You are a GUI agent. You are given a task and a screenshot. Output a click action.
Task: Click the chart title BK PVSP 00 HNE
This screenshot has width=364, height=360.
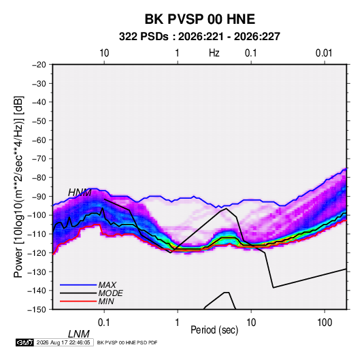pyautogui.click(x=200, y=19)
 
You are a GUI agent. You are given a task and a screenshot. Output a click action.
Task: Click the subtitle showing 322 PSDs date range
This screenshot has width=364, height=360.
pyautogui.click(x=199, y=37)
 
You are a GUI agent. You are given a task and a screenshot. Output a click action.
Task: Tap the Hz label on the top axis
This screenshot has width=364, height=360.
pyautogui.click(x=214, y=53)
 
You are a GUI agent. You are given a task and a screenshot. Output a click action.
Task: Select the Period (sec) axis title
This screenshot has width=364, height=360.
pyautogui.click(x=214, y=330)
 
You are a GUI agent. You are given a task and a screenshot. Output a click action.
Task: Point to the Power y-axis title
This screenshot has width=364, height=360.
pyautogui.click(x=18, y=186)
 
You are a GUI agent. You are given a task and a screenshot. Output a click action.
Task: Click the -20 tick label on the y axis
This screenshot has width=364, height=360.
pyautogui.click(x=39, y=65)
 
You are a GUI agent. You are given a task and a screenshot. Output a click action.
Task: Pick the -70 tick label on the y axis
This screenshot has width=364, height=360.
pyautogui.click(x=39, y=159)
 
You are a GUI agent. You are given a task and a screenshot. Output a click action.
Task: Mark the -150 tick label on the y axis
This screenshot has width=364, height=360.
pyautogui.click(x=37, y=310)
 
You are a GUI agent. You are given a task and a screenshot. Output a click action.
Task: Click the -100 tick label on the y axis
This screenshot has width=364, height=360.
pyautogui.click(x=37, y=215)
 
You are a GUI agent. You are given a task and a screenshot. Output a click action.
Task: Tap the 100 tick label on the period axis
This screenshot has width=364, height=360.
pyautogui.click(x=325, y=323)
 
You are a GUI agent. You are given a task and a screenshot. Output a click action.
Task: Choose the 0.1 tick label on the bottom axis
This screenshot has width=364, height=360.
pyautogui.click(x=104, y=323)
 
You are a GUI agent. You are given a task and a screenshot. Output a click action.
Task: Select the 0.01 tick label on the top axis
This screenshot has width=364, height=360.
pyautogui.click(x=324, y=53)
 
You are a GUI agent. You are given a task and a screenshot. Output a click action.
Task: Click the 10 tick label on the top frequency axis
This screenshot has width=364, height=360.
pyautogui.click(x=104, y=53)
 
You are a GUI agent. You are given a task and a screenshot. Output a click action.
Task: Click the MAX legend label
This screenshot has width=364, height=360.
pyautogui.click(x=107, y=285)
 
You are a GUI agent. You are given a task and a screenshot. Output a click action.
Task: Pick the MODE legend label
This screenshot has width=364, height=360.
pyautogui.click(x=110, y=293)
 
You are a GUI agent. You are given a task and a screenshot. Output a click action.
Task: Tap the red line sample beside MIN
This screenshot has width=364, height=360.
pyautogui.click(x=78, y=301)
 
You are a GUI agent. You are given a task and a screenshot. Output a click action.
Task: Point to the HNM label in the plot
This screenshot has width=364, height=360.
pyautogui.click(x=80, y=193)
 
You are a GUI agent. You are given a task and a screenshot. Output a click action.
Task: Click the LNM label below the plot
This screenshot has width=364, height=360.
pyautogui.click(x=79, y=334)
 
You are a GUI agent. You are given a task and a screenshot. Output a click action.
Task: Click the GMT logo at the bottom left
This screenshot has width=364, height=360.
pyautogui.click(x=24, y=342)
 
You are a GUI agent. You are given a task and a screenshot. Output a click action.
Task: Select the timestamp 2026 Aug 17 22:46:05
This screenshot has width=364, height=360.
pyautogui.click(x=63, y=342)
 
